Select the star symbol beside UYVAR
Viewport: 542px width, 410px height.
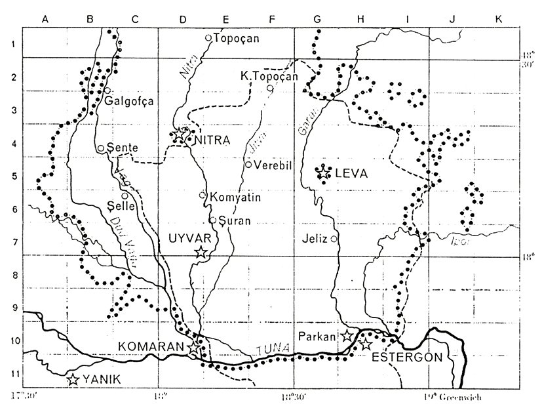[201, 252]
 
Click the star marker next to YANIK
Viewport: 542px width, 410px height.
[73, 379]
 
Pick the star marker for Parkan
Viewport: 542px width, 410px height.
[347, 336]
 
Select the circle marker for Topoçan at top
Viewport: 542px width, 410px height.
[208, 38]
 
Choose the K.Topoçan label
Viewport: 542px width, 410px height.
[269, 77]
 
